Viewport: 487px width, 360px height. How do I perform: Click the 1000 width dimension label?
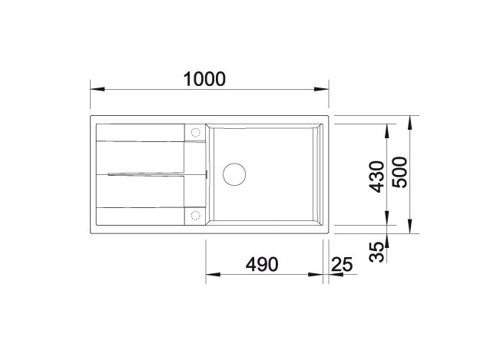204,79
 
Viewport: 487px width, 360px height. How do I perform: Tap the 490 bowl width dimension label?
262,264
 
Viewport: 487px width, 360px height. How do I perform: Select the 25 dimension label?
342,264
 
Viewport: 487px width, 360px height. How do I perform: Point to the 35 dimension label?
377,252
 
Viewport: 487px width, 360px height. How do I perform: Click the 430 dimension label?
377,177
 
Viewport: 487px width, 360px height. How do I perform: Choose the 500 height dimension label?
399,172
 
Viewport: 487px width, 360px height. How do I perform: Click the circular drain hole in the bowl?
234,174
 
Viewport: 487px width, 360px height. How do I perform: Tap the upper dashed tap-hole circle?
195,133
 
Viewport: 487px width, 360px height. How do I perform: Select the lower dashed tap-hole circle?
195,216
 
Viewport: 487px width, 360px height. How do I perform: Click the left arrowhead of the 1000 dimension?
98,89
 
